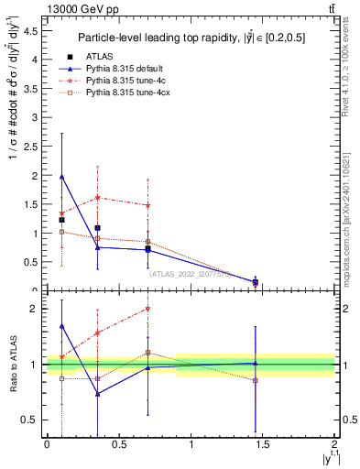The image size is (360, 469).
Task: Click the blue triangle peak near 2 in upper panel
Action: point(61,177)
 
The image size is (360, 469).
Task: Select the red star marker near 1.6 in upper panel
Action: point(97,198)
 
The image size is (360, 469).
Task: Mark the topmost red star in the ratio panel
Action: point(147,309)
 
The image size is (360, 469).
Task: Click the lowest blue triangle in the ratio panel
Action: point(97,394)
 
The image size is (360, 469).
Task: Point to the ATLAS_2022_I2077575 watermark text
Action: point(191,273)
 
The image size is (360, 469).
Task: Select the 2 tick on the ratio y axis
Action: point(35,309)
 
